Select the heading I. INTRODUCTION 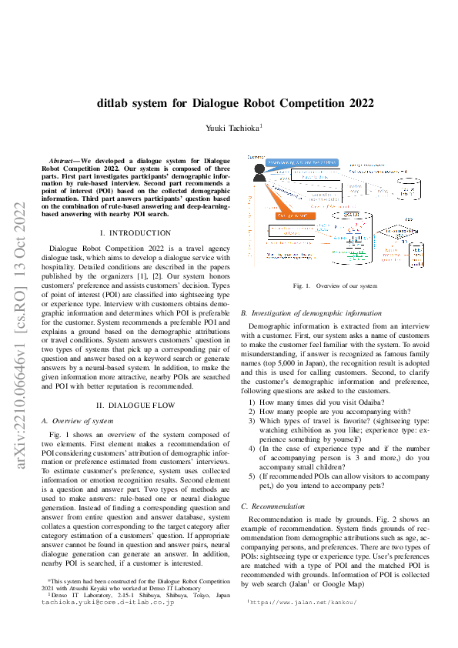point(135,232)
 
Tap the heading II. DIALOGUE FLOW point(135,405)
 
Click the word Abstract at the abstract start point(63,160)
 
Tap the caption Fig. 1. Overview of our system point(335,286)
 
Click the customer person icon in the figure point(258,173)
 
